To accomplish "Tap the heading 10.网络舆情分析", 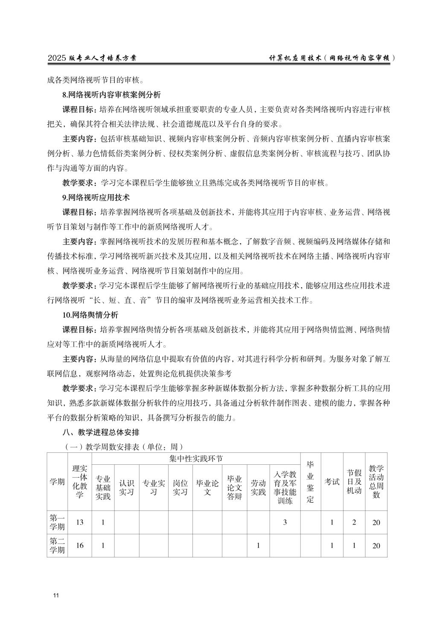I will pyautogui.click(x=90, y=315).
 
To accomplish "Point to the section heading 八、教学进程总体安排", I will pyautogui.click(x=101, y=432).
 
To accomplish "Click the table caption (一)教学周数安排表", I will pyautogui.click(x=123, y=447).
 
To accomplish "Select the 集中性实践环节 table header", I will pyautogui.click(x=196, y=459).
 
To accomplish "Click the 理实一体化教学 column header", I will pyautogui.click(x=79, y=482).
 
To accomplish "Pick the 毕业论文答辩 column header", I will pyautogui.click(x=235, y=487).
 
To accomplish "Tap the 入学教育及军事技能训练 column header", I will pyautogui.click(x=285, y=487).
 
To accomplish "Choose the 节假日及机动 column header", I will pyautogui.click(x=354, y=482).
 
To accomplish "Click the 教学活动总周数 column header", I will pyautogui.click(x=376, y=482).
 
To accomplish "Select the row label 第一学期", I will pyautogui.click(x=57, y=522).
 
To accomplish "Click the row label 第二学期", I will pyautogui.click(x=57, y=545).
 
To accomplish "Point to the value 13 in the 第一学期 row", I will pyautogui.click(x=79, y=522).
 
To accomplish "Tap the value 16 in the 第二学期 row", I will pyautogui.click(x=79, y=545).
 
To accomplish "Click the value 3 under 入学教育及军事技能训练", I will pyautogui.click(x=285, y=522).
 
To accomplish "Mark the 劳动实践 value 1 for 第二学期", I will pyautogui.click(x=258, y=545).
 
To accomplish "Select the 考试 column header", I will pyautogui.click(x=332, y=482).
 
